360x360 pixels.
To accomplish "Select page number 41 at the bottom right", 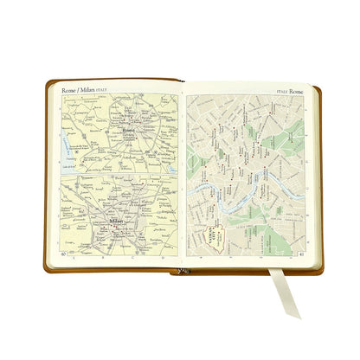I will pyautogui.click(x=300, y=254).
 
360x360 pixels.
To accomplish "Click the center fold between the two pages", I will pyautogui.click(x=182, y=173).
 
